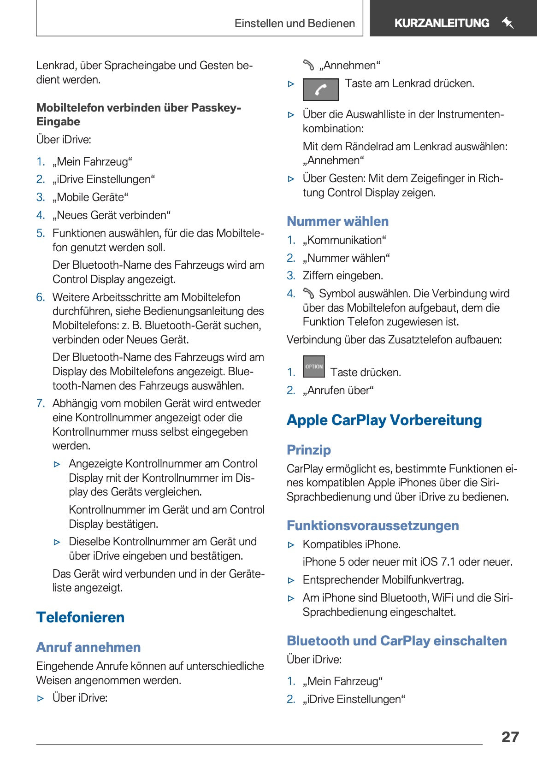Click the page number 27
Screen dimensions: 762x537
[510, 737]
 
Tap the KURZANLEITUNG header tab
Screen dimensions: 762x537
[441, 23]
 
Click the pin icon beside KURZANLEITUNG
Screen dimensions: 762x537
[507, 23]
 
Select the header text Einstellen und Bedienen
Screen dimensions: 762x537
[295, 24]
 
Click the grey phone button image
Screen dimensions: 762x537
[320, 89]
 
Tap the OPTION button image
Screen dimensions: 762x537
[313, 366]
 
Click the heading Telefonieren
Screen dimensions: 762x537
[80, 617]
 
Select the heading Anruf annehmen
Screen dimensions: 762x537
[89, 647]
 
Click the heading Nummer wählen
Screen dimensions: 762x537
[337, 221]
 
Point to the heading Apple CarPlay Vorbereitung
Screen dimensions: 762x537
[384, 420]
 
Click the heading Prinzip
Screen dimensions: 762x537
[308, 450]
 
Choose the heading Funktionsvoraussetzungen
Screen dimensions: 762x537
[372, 526]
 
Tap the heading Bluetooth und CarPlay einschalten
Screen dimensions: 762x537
[396, 641]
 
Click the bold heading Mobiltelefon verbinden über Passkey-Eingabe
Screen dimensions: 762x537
[138, 114]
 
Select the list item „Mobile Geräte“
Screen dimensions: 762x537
[90, 197]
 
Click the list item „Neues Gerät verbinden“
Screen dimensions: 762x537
[112, 215]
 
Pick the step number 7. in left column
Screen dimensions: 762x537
[41, 403]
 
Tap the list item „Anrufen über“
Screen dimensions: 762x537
[338, 390]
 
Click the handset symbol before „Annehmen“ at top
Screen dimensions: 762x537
[308, 65]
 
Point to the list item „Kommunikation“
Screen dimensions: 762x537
[344, 240]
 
